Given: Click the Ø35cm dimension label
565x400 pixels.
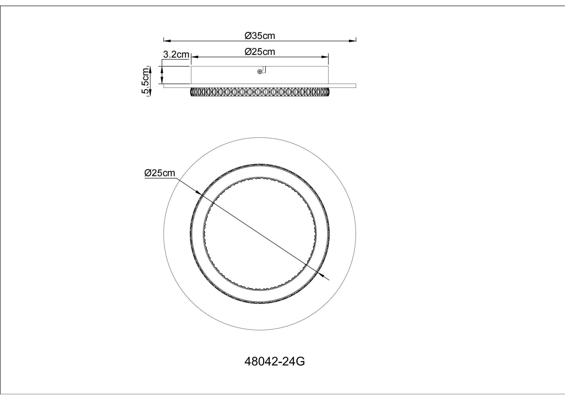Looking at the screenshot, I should tap(260, 36).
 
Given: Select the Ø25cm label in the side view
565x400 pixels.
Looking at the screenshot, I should tap(260, 52).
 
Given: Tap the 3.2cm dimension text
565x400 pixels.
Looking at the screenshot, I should tap(176, 55).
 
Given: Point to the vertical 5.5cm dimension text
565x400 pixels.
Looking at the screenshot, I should tap(145, 81).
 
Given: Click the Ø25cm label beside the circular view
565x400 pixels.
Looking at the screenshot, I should tap(159, 173).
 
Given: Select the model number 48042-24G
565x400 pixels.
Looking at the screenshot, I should tap(275, 361).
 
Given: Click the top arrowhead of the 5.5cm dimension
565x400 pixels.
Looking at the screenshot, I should tap(150, 70).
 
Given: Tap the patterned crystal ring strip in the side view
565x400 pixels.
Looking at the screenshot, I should tap(260, 92).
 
